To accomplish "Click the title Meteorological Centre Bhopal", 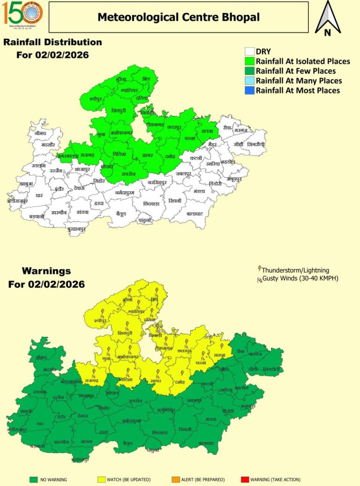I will click(x=178, y=17).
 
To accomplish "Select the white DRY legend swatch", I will click(x=250, y=52).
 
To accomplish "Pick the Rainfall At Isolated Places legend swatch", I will click(x=250, y=61).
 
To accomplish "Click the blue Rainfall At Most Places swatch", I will click(x=250, y=90).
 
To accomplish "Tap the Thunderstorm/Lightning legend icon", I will click(x=259, y=270).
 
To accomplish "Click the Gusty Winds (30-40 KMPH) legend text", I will click(x=300, y=279).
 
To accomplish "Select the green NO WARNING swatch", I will click(x=33, y=479).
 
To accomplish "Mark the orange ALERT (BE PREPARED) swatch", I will click(x=175, y=479).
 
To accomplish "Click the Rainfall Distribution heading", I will click(x=52, y=42).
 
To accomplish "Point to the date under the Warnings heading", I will click(x=46, y=284).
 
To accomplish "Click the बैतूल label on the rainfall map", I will click(x=122, y=214).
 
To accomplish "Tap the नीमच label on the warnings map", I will click(x=42, y=357).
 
